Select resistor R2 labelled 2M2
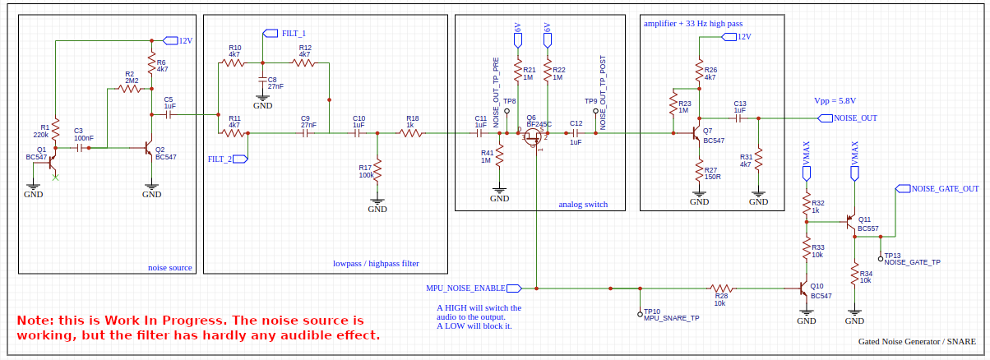click(x=130, y=89)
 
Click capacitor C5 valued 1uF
click(x=169, y=116)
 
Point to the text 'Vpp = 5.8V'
click(x=835, y=100)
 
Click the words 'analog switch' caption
click(x=583, y=204)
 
